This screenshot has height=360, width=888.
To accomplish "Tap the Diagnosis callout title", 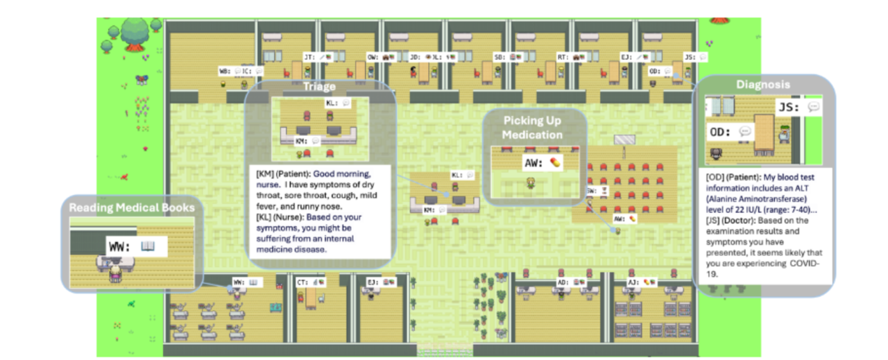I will coord(764,85).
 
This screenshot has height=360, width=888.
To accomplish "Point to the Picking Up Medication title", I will coord(533,128).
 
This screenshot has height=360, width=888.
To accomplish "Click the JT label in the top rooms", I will coord(309,56).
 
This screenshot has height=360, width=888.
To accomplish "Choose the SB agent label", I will coord(499,56).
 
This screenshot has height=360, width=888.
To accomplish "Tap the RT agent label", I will coord(563,56).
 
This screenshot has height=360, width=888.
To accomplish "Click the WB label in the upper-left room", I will coord(224,71).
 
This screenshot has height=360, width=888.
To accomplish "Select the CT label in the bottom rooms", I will coord(302,282).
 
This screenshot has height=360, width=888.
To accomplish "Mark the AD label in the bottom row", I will coord(563,282).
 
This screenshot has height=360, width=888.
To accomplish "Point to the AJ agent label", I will coord(633,282).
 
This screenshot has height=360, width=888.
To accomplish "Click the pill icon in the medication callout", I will coord(554,162).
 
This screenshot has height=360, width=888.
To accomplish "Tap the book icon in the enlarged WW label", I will coord(147,246).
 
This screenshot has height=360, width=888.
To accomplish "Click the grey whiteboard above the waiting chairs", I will coord(624,139).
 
